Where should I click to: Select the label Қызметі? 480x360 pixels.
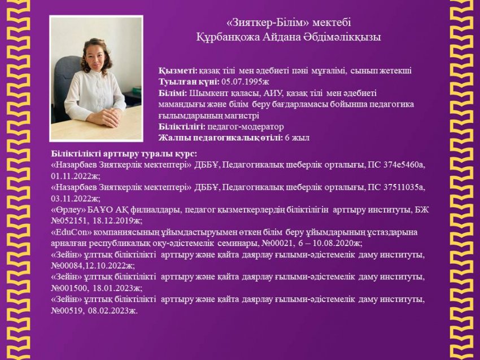pyautogui.click(x=178, y=71)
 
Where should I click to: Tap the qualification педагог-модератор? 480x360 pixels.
pyautogui.click(x=246, y=127)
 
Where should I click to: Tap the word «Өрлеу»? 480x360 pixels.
pyautogui.click(x=67, y=210)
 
